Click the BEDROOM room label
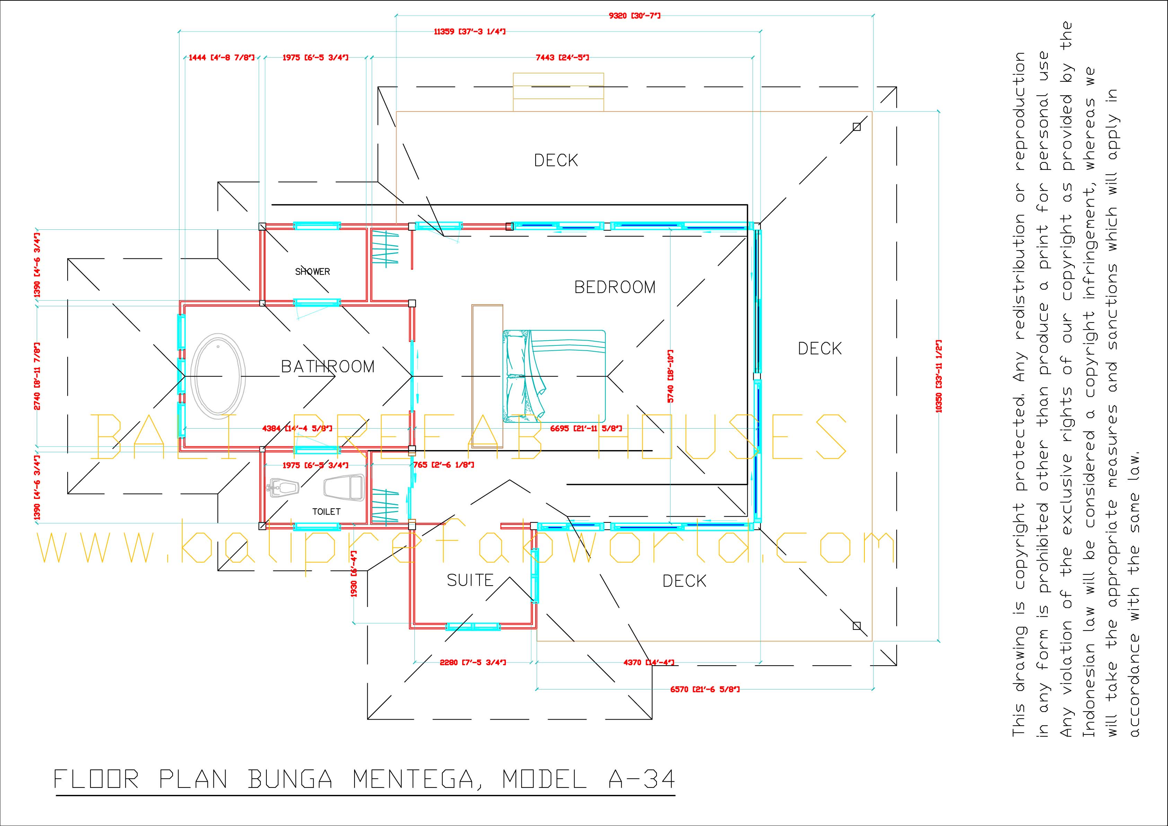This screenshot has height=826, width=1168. [615, 287]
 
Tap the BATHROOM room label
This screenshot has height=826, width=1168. [328, 367]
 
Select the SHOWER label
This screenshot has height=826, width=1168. [312, 272]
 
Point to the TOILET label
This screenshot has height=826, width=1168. [326, 512]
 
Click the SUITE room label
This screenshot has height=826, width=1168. [470, 580]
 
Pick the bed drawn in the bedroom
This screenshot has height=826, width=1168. [554, 376]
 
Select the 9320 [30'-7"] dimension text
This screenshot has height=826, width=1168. [634, 16]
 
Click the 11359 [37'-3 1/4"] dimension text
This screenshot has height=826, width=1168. [469, 32]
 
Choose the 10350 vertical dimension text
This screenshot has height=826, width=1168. [939, 376]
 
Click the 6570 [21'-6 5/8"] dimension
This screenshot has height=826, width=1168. [704, 689]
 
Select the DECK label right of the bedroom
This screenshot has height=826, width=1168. [819, 349]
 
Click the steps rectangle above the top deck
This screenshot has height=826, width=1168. [558, 92]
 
